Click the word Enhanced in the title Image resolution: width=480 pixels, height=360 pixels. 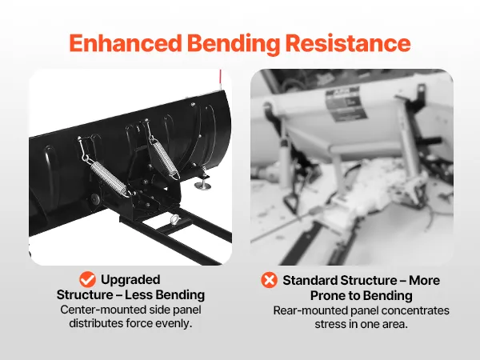point(126,43)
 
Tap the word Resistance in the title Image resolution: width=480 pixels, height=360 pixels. point(348,43)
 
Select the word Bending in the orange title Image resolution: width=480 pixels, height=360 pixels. point(234,44)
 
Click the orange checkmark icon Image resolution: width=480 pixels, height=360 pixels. point(87,279)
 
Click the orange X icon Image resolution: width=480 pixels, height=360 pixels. point(269,280)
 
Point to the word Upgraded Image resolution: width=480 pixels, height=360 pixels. point(130,280)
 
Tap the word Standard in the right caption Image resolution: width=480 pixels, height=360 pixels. point(310,281)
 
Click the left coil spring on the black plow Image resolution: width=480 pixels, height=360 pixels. point(108,178)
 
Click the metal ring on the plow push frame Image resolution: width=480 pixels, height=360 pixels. point(174,218)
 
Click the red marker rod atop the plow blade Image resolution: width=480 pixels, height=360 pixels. point(220,80)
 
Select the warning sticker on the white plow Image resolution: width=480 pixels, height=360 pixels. point(346,105)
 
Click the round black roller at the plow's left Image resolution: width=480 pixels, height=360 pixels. point(94,199)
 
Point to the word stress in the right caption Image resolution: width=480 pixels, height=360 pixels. point(330,324)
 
